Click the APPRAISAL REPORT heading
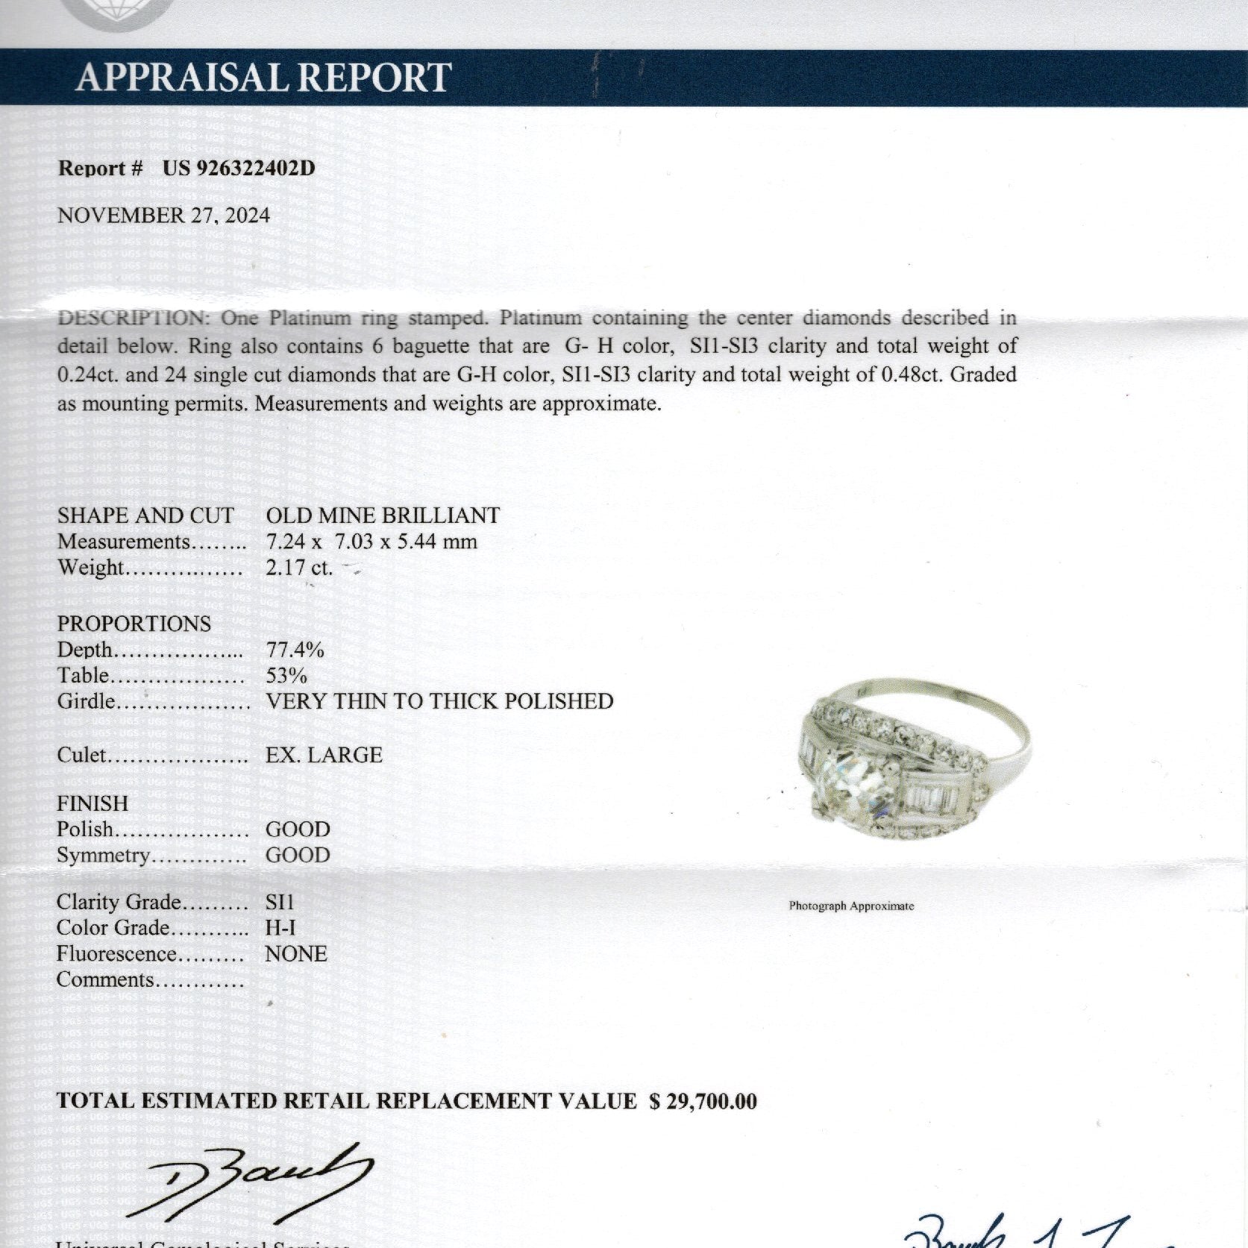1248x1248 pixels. (263, 77)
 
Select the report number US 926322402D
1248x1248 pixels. (239, 168)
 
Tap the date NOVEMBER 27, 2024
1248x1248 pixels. (163, 216)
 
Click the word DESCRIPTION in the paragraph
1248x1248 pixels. (131, 319)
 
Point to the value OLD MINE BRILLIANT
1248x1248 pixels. (383, 515)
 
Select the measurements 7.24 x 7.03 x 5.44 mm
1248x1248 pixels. (371, 542)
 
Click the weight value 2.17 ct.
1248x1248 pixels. (299, 568)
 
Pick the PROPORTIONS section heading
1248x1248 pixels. (134, 624)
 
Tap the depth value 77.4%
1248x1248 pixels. (295, 650)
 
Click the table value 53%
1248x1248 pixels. (286, 676)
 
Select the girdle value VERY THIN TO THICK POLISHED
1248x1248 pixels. (439, 701)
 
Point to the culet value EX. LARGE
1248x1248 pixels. (324, 755)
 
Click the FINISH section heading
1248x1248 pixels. (92, 803)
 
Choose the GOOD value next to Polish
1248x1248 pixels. (298, 830)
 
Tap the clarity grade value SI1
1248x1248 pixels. (280, 902)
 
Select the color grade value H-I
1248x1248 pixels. (280, 928)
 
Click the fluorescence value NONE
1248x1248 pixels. (296, 954)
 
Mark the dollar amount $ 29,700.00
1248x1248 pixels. (703, 1101)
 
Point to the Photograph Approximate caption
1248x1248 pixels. (851, 906)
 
